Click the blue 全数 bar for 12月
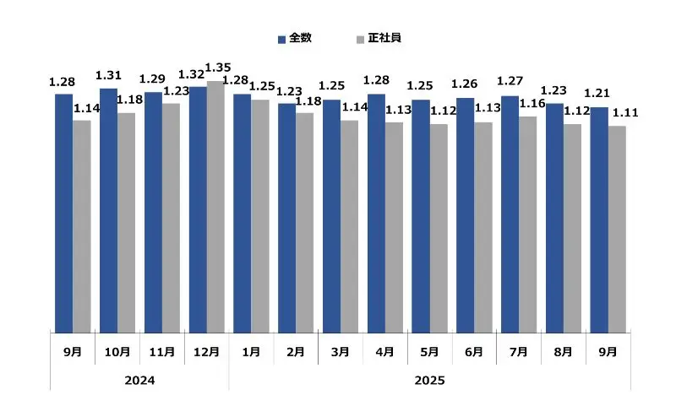click(x=198, y=209)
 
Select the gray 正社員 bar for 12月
click(x=215, y=207)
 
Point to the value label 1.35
click(x=219, y=68)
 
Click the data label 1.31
click(x=108, y=75)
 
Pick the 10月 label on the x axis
click(x=117, y=351)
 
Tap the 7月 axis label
click(x=519, y=351)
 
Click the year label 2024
click(x=139, y=381)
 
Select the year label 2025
click(x=429, y=381)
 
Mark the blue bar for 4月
click(x=376, y=214)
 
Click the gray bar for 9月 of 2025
click(x=617, y=230)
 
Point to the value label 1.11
click(x=624, y=113)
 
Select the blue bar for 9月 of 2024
click(x=64, y=214)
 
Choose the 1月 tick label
click(x=251, y=351)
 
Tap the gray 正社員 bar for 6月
click(x=482, y=228)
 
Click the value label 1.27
click(x=510, y=82)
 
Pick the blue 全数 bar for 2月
click(x=286, y=218)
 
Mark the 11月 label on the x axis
click(x=162, y=351)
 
